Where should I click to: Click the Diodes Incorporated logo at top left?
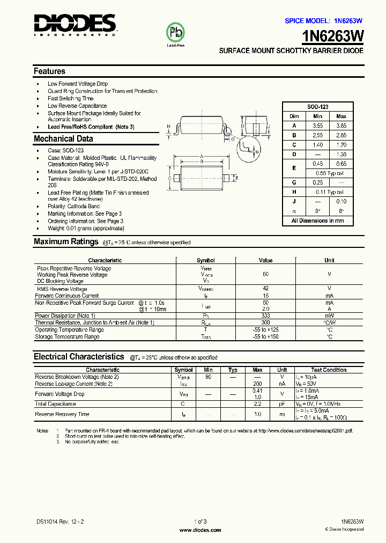[x=75, y=25]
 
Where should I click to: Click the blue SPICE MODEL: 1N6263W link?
[x=323, y=20]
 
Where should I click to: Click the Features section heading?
[x=49, y=71]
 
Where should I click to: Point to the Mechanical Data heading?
[x=63, y=139]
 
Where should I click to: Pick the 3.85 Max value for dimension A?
[x=341, y=126]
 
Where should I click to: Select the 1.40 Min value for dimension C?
[x=317, y=145]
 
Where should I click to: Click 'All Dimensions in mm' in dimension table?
[x=318, y=221]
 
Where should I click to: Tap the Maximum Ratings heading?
[x=66, y=242]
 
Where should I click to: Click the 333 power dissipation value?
[x=265, y=315]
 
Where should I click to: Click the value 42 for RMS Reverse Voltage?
[x=265, y=289]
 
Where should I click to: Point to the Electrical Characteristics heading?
[x=79, y=357]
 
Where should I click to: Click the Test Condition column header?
[x=328, y=370]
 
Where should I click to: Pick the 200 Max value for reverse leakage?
[x=257, y=384]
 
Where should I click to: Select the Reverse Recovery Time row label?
[x=62, y=414]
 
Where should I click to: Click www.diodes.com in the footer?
[x=200, y=530]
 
